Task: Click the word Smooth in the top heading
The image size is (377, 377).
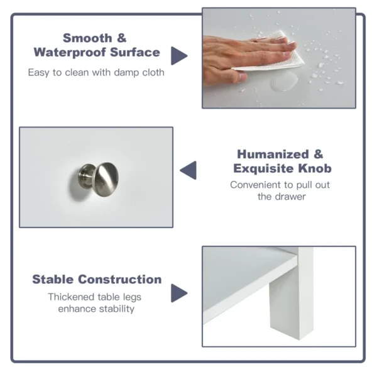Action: pos(89,38)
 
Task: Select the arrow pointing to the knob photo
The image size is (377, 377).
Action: pos(188,170)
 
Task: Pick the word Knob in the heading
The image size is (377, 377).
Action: pos(315,169)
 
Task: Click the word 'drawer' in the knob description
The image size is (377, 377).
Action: pos(291,197)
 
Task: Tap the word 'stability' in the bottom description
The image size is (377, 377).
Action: pos(115,309)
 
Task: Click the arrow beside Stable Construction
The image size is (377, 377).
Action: pos(179,293)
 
